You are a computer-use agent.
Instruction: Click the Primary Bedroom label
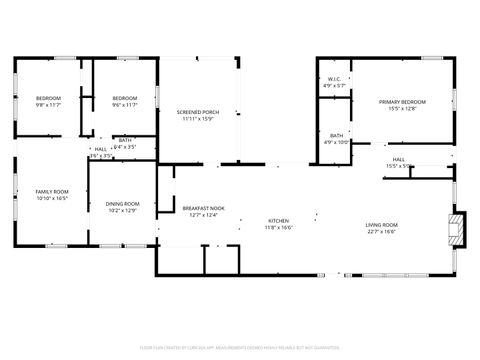(x=401, y=101)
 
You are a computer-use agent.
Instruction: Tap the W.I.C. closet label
(x=335, y=78)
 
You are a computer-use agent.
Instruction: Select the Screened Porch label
(x=198, y=111)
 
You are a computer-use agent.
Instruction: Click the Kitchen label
(x=278, y=220)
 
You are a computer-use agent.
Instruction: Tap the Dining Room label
(x=123, y=204)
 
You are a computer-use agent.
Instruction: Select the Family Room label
(x=52, y=191)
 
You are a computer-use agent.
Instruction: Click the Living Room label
(x=381, y=224)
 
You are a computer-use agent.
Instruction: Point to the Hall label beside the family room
(x=100, y=149)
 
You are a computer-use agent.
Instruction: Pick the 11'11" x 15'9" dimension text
(x=198, y=118)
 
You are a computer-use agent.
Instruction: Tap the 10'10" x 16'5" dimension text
(x=52, y=198)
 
